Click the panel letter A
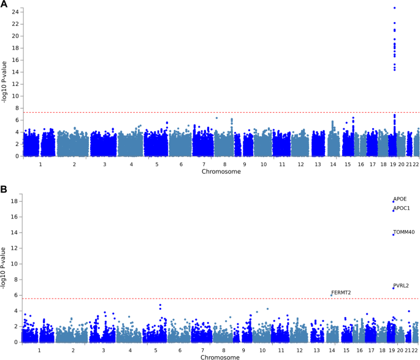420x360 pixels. (x=4, y=5)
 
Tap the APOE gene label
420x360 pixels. (x=400, y=199)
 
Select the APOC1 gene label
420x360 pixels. (x=402, y=209)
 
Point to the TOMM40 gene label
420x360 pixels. (x=403, y=232)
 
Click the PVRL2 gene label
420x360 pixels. (x=401, y=286)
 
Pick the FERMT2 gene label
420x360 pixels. (x=341, y=293)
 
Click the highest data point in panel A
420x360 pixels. (x=394, y=8)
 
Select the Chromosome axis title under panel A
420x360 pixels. (x=221, y=172)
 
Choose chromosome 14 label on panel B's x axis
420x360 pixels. (x=332, y=350)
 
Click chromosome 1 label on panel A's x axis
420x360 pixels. (x=40, y=164)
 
